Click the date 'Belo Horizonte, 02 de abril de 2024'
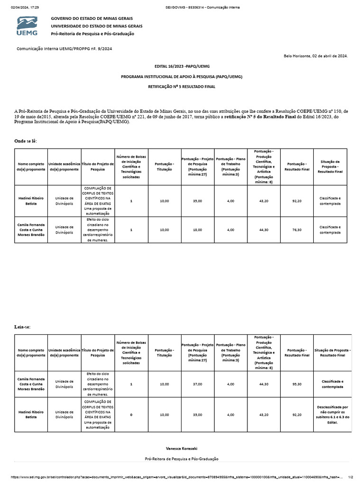pyautogui.click(x=315, y=56)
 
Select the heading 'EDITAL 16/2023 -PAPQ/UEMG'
pyautogui.click(x=182, y=66)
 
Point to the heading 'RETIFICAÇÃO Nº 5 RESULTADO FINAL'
pyautogui.click(x=182, y=88)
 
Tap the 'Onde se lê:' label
pyautogui.click(x=26, y=141)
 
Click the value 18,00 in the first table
pyautogui.click(x=197, y=230)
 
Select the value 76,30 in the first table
pyautogui.click(x=297, y=230)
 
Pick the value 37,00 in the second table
pyautogui.click(x=197, y=384)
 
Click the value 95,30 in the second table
pyautogui.click(x=297, y=384)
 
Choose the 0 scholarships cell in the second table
pyautogui.click(x=131, y=414)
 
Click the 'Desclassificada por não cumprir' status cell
pyautogui.click(x=332, y=414)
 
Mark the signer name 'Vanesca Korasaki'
pyautogui.click(x=182, y=448)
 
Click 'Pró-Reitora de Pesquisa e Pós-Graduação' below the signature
pyautogui.click(x=182, y=458)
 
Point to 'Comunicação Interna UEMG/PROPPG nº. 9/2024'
pyautogui.click(x=64, y=49)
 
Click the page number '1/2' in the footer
pyautogui.click(x=351, y=478)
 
